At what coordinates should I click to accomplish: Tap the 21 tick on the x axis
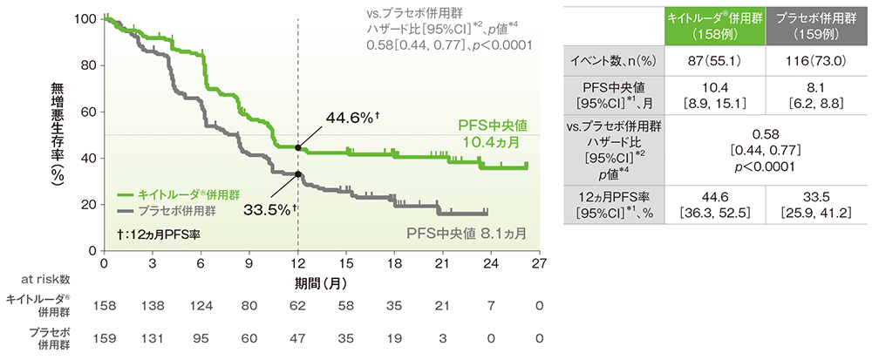pos(443,262)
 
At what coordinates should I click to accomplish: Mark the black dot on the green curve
pos(298,147)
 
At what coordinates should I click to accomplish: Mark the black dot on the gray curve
pos(298,173)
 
